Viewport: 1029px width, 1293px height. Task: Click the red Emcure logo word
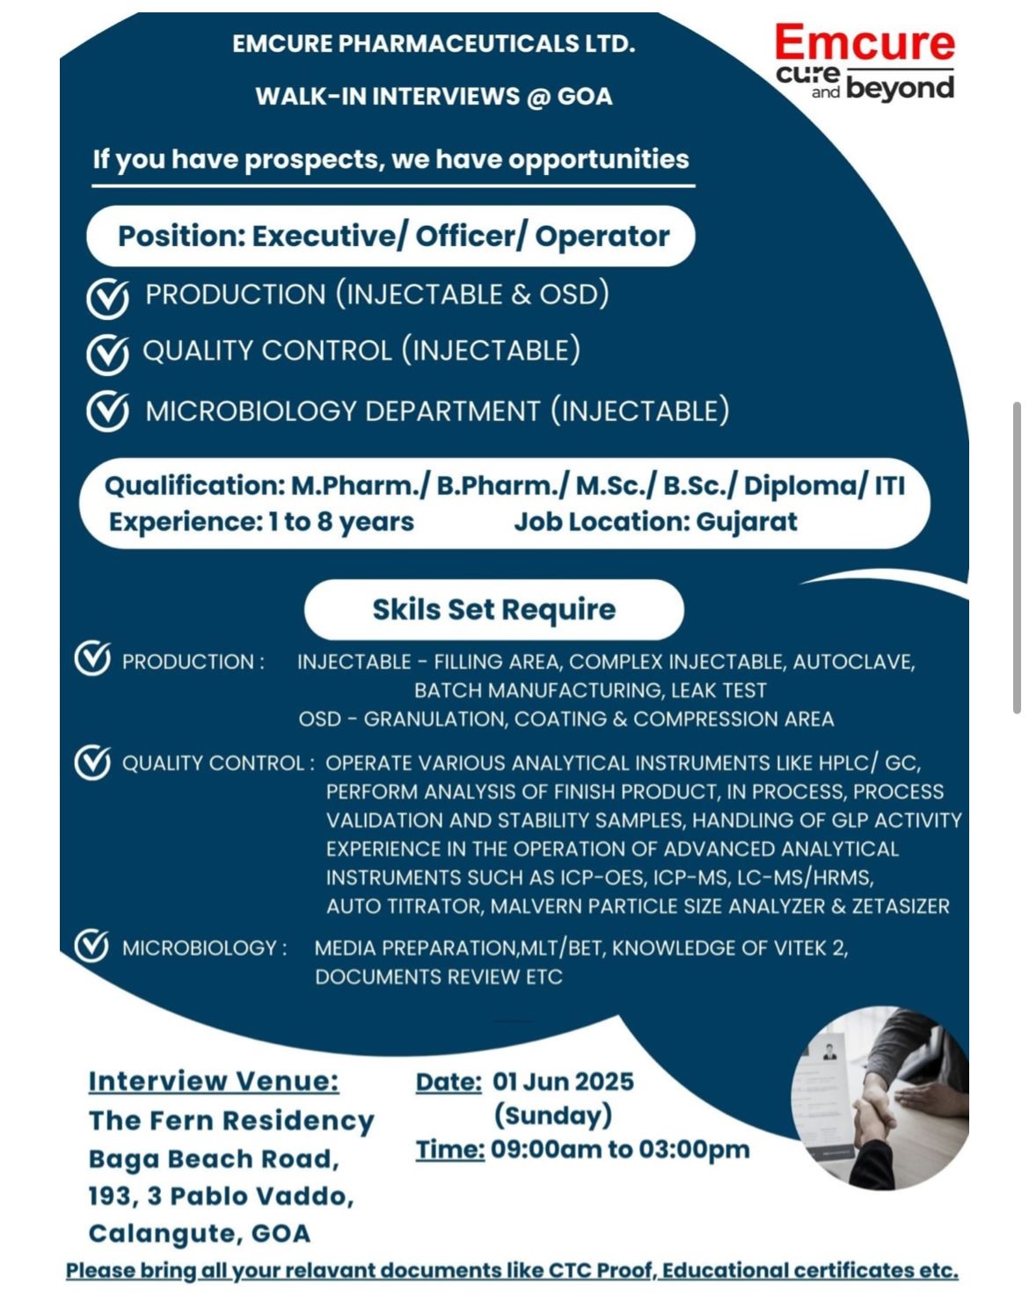(x=864, y=44)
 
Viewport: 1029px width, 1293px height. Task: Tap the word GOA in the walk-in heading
(x=584, y=96)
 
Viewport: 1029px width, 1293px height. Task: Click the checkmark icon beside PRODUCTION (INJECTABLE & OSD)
(x=107, y=298)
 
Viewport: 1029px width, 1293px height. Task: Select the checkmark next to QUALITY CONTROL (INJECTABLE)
(x=107, y=353)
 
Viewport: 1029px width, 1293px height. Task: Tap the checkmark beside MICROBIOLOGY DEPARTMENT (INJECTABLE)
(x=107, y=411)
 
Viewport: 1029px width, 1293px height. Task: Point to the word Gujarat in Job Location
(x=747, y=522)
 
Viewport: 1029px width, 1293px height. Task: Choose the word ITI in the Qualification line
(x=888, y=485)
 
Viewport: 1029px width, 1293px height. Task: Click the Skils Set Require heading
(x=493, y=609)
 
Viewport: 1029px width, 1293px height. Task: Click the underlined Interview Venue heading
(x=213, y=1081)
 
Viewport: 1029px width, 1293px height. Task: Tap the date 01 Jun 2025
(x=563, y=1081)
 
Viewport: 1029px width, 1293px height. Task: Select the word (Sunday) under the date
(x=552, y=1115)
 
